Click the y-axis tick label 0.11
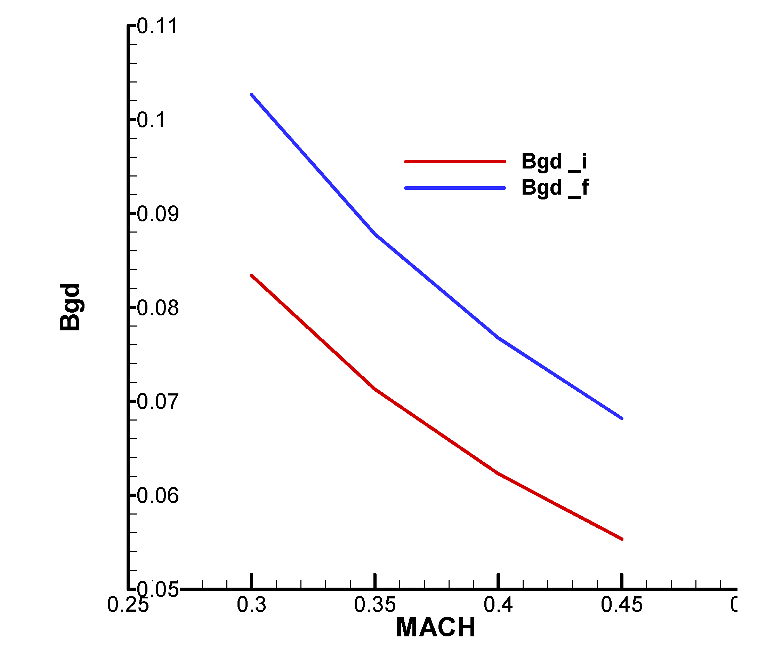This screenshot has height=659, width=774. tap(157, 26)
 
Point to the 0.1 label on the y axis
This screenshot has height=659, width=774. tap(151, 120)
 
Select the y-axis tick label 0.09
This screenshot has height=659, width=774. tap(158, 214)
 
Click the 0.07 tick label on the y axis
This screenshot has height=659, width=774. tap(158, 402)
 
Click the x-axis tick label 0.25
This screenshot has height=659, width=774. tap(128, 604)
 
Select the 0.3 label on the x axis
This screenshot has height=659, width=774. tap(251, 604)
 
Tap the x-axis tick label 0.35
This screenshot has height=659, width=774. tap(374, 604)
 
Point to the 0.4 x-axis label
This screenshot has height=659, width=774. tap(498, 604)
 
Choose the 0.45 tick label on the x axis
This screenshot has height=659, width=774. tap(621, 604)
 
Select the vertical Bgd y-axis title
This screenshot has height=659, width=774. tap(70, 307)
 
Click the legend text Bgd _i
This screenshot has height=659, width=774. tap(554, 162)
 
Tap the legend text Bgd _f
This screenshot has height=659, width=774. tap(555, 188)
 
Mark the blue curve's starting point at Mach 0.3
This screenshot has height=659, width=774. tap(251, 95)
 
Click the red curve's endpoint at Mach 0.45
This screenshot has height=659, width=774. tap(621, 539)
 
